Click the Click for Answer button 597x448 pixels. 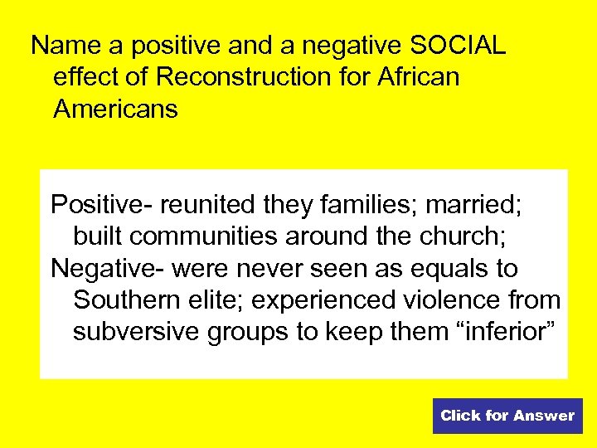click(x=507, y=416)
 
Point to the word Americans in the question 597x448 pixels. click(x=115, y=109)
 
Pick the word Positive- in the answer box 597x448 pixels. click(x=103, y=204)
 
